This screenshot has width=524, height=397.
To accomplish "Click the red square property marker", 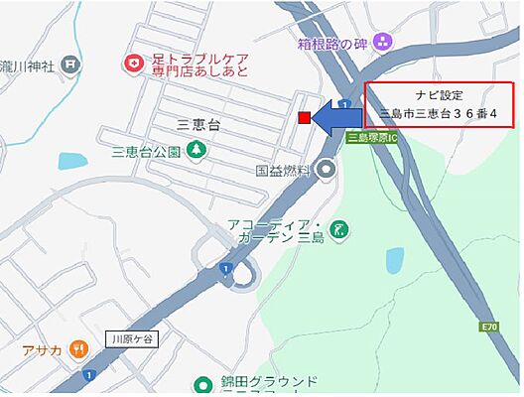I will point(304,118).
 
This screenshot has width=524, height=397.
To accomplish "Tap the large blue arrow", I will point(337,117).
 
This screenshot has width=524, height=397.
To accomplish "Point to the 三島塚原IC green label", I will point(371,138).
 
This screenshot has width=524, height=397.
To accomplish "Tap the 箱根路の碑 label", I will point(332,43).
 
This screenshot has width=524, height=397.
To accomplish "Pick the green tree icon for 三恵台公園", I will point(196,151).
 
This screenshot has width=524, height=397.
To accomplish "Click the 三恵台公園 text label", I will point(146,152).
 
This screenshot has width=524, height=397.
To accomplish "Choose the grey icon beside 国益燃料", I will point(327,171).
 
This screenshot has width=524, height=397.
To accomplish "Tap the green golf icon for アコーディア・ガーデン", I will point(339,229).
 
